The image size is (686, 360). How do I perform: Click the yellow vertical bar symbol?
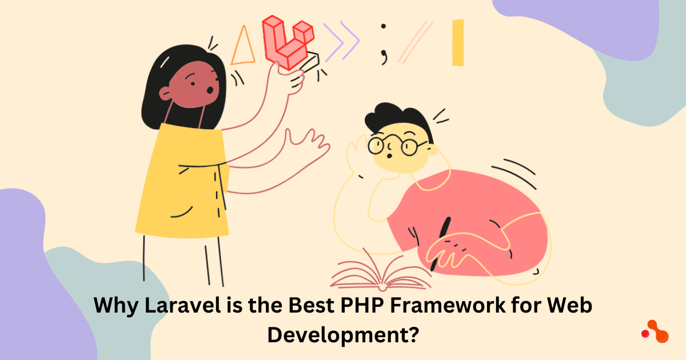coord(458,43)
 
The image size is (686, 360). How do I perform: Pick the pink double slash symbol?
coord(416,42)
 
